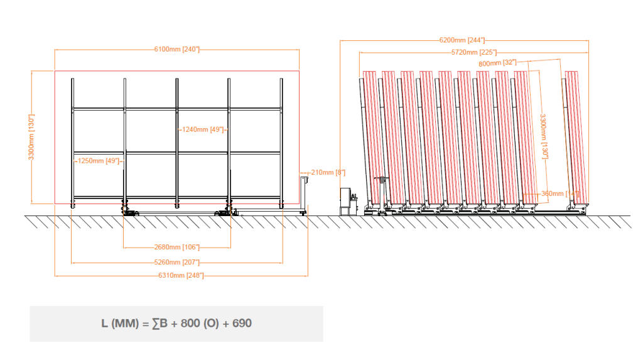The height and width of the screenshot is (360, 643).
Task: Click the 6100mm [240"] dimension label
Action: [176, 49]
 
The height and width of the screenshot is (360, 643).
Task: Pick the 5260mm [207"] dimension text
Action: [176, 261]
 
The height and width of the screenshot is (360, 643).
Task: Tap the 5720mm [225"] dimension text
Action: [474, 53]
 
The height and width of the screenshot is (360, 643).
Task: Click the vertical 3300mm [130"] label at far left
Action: [31, 137]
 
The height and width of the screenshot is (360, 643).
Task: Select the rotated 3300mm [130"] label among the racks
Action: [545, 136]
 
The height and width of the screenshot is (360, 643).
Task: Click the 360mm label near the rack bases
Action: [553, 194]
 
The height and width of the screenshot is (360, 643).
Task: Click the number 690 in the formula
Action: [242, 324]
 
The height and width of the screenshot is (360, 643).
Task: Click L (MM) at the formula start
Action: [117, 324]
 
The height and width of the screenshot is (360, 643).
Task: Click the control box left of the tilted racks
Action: [345, 200]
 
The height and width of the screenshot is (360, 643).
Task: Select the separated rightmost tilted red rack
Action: [575, 138]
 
